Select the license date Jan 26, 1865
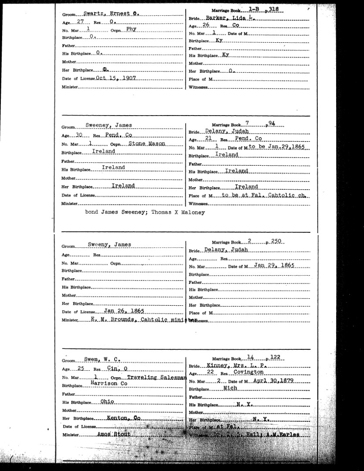pos(124,311)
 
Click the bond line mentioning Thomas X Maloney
pos(146,212)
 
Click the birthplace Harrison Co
pos(109,384)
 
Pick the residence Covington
pos(248,373)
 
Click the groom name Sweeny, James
pos(109,245)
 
